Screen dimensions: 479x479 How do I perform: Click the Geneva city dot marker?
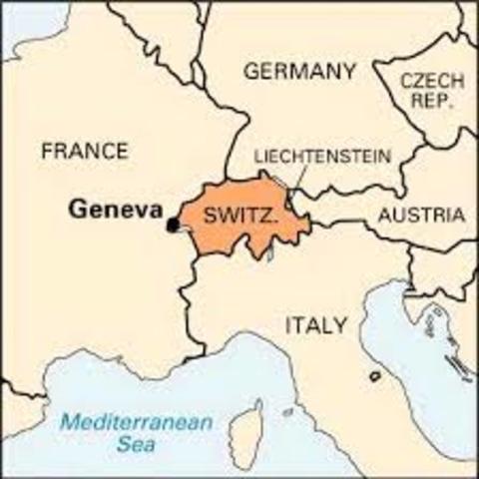point(173,225)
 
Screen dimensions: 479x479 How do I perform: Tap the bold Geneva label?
point(116,209)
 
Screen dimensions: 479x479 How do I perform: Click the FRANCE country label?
point(84,152)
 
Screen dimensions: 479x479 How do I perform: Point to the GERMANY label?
point(299,72)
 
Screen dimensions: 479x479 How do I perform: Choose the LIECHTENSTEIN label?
point(322,157)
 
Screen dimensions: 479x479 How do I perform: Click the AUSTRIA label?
point(420,215)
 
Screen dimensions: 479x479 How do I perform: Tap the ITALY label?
point(316,325)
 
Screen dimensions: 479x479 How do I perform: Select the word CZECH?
point(431,81)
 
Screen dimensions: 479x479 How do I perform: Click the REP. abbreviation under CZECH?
point(431,102)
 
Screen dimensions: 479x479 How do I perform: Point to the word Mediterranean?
point(135,422)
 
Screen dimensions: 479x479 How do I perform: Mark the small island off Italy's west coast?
point(374,376)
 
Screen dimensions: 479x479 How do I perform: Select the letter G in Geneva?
point(77,209)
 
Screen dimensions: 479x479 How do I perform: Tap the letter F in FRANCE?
point(47,152)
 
